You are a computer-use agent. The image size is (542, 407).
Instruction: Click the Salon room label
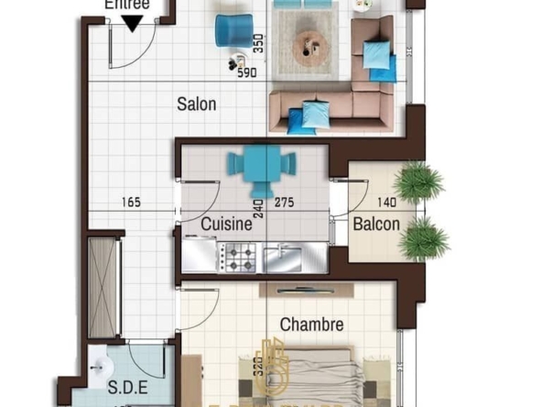pyautogui.click(x=197, y=104)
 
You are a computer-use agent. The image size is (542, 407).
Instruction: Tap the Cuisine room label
pyautogui.click(x=226, y=223)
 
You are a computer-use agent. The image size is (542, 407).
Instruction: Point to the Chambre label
pyautogui.click(x=311, y=324)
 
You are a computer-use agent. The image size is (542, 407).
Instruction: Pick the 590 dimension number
pyautogui.click(x=247, y=73)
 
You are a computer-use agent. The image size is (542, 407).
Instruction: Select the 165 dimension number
pyautogui.click(x=129, y=203)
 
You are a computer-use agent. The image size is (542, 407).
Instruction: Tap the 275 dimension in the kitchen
pyautogui.click(x=284, y=203)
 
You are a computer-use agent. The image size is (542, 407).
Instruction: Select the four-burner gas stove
pyautogui.click(x=239, y=257)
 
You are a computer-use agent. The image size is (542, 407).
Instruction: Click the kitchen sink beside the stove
pyautogui.click(x=282, y=257)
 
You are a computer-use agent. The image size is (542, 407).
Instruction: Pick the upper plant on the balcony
pyautogui.click(x=419, y=181)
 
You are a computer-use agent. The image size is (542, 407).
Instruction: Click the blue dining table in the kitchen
pyautogui.click(x=265, y=165)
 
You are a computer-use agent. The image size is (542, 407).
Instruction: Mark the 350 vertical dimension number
pyautogui.click(x=259, y=44)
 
